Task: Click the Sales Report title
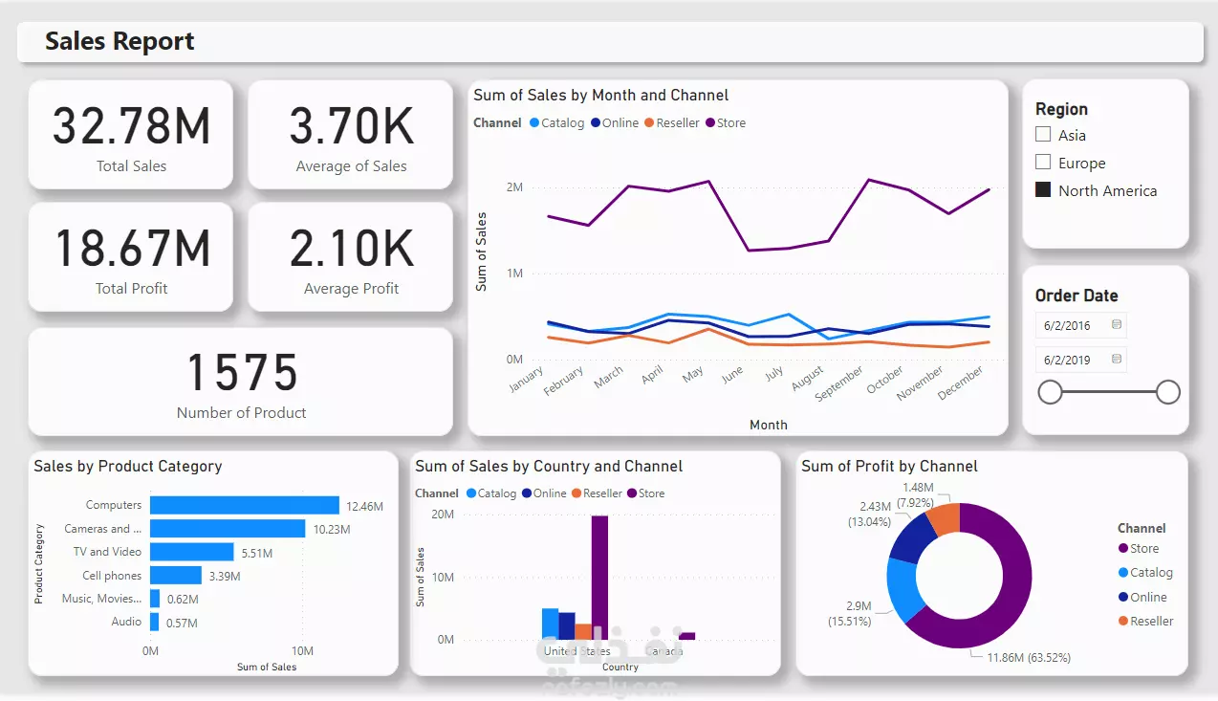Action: [120, 41]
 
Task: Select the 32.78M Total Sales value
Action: [131, 126]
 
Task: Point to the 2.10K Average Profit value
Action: [351, 249]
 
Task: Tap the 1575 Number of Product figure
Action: [241, 372]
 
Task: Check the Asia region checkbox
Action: [1043, 135]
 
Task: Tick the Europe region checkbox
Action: [1043, 163]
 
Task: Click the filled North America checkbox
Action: [1043, 190]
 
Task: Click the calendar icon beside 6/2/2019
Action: [1116, 360]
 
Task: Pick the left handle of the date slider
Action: [1050, 392]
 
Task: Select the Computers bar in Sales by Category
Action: [244, 505]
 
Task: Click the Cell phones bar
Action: [175, 576]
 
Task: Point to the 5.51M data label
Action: [256, 553]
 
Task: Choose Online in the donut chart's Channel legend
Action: [1148, 597]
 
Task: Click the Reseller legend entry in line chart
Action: [677, 122]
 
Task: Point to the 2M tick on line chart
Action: [513, 187]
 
